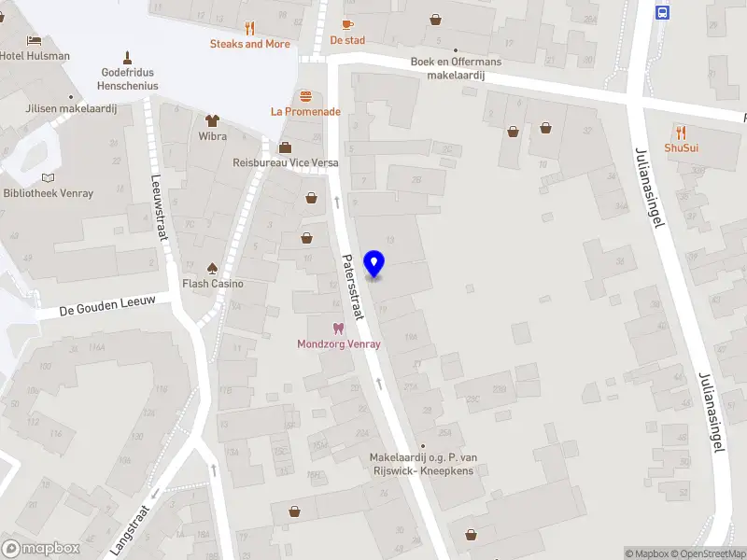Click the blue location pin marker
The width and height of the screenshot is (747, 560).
click(374, 263)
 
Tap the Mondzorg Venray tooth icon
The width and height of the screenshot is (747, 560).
click(338, 328)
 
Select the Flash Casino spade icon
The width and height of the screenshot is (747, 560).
click(212, 267)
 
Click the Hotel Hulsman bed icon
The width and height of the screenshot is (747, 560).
click(35, 40)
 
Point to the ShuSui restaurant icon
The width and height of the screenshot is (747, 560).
click(682, 132)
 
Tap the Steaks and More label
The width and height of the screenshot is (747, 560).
click(249, 44)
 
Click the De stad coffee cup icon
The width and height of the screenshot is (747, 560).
click(347, 24)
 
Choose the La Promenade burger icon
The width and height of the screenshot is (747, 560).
click(305, 95)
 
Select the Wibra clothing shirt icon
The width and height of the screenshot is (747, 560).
click(212, 119)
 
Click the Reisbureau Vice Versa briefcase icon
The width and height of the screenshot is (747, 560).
click(285, 147)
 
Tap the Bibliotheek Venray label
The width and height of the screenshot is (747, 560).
click(48, 193)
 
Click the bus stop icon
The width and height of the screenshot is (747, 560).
click(662, 12)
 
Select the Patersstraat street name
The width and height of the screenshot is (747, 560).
click(353, 287)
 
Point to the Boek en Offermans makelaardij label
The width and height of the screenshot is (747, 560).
click(456, 68)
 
